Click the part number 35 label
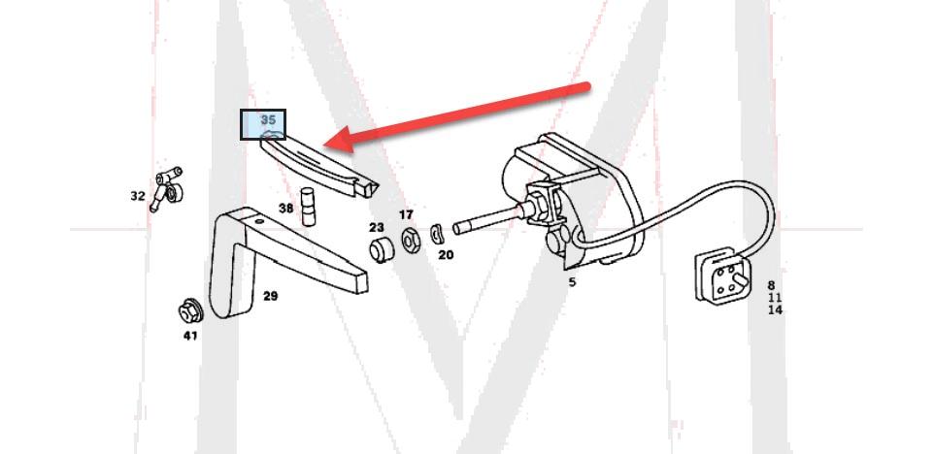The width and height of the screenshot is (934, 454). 269,120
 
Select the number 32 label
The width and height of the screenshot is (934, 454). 138,196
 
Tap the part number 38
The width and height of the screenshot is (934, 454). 285,209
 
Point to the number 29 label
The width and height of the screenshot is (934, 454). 271,296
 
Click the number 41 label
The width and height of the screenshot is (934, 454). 190,336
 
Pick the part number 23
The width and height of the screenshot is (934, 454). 377,227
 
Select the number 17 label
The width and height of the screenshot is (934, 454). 406,214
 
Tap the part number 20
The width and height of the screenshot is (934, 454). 446,255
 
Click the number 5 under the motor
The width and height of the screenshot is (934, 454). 573,282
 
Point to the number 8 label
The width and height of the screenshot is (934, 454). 772,285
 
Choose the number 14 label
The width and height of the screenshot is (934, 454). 775,310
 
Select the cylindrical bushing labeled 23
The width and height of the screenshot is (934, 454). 382,249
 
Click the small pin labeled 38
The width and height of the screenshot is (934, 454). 308,207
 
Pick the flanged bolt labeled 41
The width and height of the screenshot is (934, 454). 190,310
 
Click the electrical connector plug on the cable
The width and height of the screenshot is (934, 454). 723,275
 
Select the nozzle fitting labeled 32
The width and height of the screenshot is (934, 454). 165,188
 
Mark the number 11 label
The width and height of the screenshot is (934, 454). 775,298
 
